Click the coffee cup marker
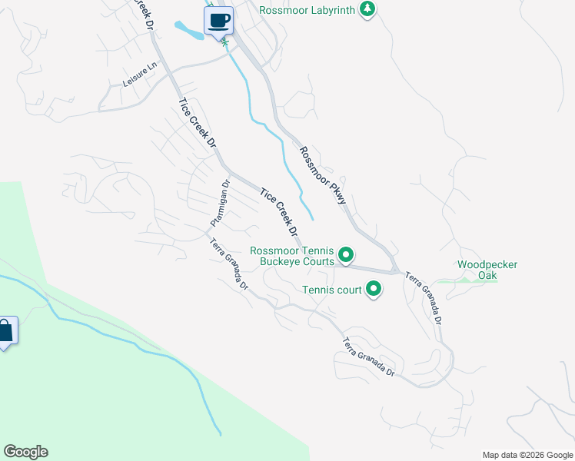tap(219, 20)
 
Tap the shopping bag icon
tap(6, 333)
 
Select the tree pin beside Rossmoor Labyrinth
tap(368, 9)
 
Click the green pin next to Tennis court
tap(374, 290)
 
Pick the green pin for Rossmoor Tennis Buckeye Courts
tap(346, 254)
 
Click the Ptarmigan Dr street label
tap(220, 204)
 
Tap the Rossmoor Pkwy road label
tap(324, 175)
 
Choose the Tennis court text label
tap(332, 290)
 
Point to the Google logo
tap(25, 452)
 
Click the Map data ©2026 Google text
tap(527, 455)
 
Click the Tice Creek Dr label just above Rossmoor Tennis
tap(279, 212)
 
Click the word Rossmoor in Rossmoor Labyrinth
tap(281, 10)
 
